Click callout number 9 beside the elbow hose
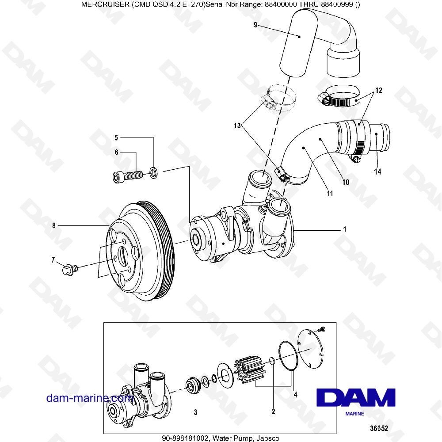(x=255, y=25)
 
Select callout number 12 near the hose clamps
(x=379, y=91)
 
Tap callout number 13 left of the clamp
(x=237, y=126)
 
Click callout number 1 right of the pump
(x=344, y=230)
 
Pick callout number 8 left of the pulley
(x=54, y=225)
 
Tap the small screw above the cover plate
(x=321, y=328)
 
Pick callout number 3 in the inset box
(x=195, y=412)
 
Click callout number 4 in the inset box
(x=296, y=394)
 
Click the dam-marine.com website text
(x=90, y=398)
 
